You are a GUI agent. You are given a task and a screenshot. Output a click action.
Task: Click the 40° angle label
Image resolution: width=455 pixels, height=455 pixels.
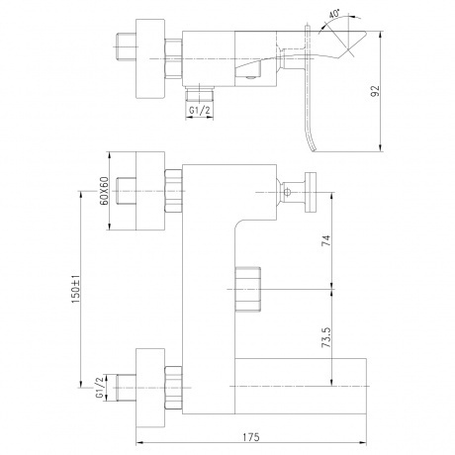334,15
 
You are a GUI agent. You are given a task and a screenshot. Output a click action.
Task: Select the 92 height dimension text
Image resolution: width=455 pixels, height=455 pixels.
375,91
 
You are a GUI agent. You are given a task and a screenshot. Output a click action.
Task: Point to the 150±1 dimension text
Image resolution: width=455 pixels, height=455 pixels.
75,289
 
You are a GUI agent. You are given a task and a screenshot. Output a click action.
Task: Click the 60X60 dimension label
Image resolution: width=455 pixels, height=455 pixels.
104,191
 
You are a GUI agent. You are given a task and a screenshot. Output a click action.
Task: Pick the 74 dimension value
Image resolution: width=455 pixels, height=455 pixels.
326,240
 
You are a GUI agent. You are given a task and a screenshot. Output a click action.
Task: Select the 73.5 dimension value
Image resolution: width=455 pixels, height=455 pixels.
326,337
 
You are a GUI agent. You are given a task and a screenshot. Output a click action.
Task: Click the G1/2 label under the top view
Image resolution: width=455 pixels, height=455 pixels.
199,110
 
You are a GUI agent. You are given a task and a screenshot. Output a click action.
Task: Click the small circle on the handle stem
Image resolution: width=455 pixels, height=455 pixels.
287,192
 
